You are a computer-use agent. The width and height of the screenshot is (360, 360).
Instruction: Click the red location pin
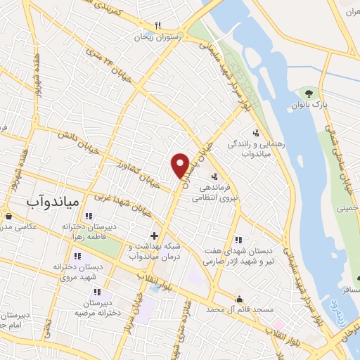pyautogui.click(x=180, y=165)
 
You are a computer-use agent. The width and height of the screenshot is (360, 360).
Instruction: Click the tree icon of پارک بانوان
pyautogui.click(x=307, y=94)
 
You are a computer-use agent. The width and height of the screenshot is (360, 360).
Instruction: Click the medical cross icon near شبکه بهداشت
pyautogui.click(x=154, y=236)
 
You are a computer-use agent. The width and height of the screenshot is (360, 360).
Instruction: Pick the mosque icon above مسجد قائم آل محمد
pyautogui.click(x=240, y=297)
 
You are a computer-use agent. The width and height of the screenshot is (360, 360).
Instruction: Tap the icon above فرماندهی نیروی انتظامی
pyautogui.click(x=214, y=177)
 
